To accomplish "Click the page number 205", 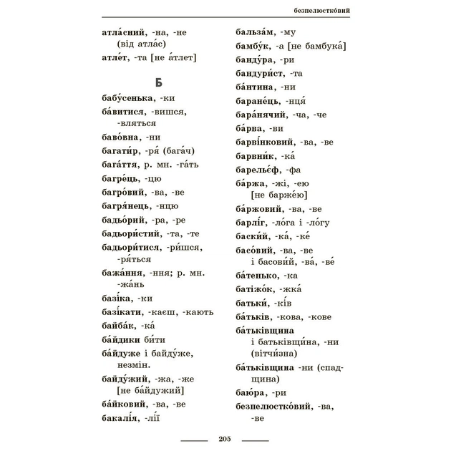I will pyautogui.click(x=225, y=439).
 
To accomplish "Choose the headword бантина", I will pyautogui.click(x=256, y=87).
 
